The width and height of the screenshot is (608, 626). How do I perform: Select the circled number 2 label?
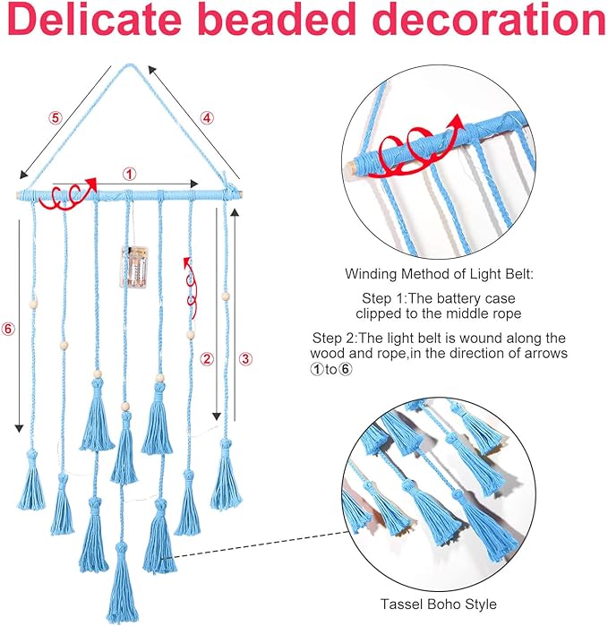[207, 359]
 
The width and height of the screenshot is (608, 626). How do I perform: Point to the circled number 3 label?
[246, 359]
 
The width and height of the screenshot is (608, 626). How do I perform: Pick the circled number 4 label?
[206, 116]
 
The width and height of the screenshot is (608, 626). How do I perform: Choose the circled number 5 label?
[56, 116]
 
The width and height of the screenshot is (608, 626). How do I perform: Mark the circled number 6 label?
[8, 329]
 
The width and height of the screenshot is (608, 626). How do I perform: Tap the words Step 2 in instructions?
[332, 338]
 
